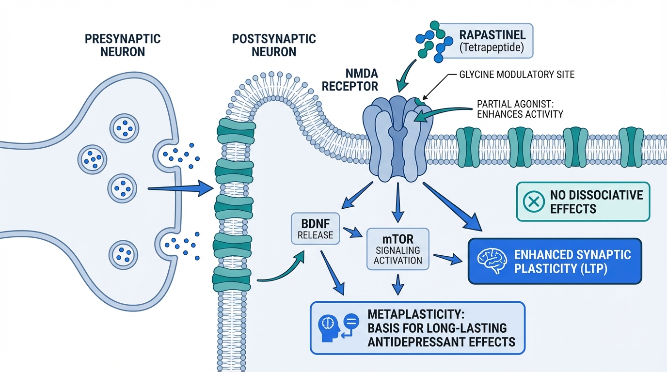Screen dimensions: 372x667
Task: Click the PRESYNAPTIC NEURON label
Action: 123,45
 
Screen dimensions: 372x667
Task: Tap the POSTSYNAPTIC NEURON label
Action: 274,45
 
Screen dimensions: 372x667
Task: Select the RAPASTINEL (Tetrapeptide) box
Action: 495,41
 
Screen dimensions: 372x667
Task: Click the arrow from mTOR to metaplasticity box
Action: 398,285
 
